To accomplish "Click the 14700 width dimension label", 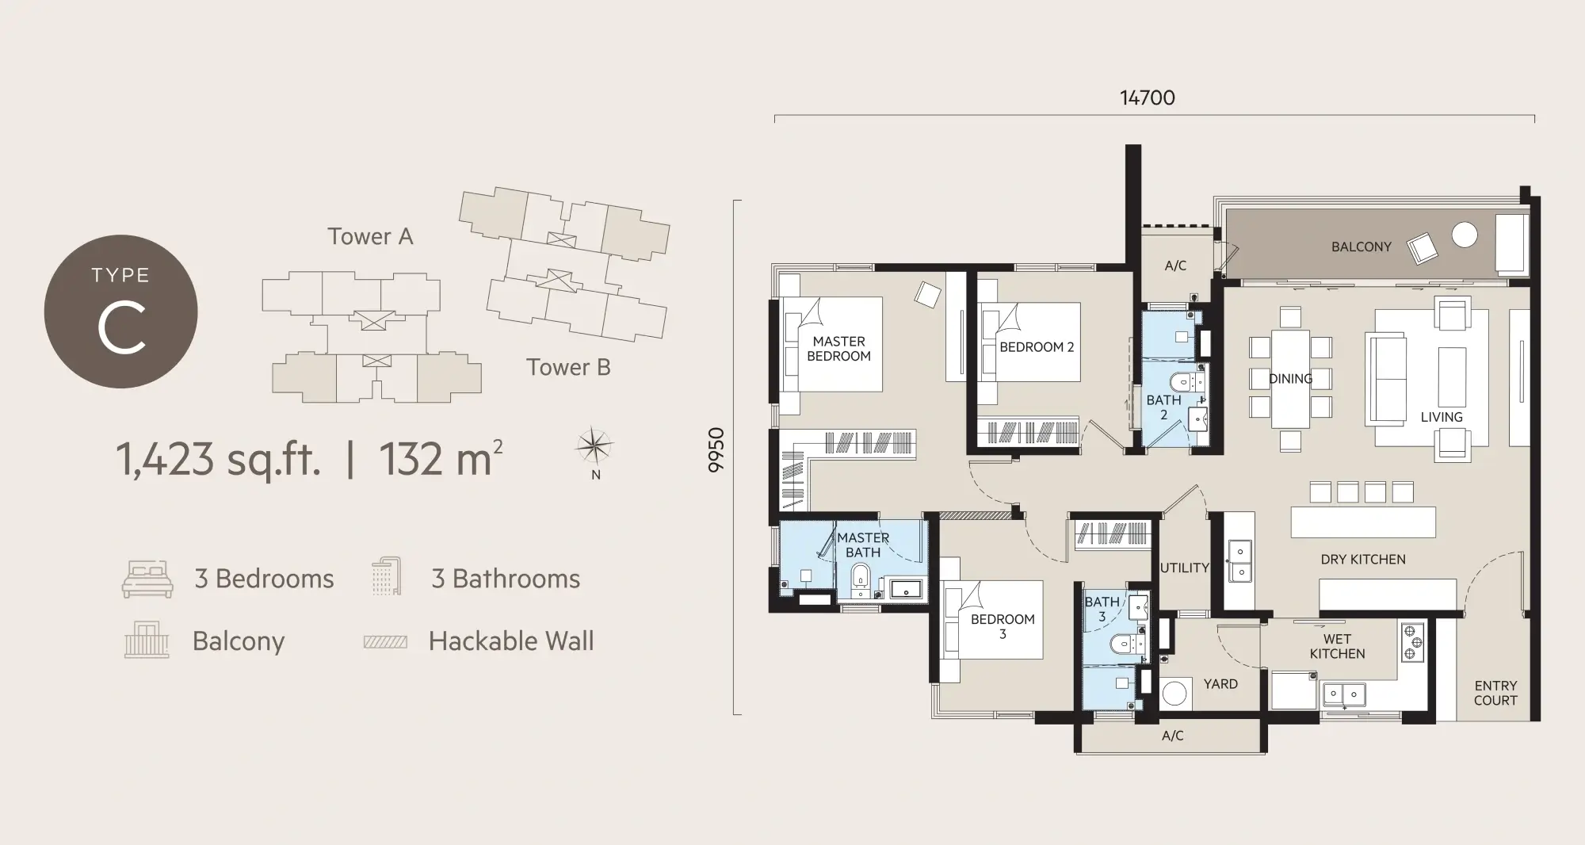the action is pos(1147,98).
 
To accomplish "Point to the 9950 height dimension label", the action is pos(716,450).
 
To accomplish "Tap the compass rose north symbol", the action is pos(594,447).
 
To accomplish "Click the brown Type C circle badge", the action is pos(120,312).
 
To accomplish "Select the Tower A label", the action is pos(370,236).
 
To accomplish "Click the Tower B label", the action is pos(568,367).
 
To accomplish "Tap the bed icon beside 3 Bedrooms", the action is pos(147,579).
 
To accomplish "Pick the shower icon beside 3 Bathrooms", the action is pos(387,576).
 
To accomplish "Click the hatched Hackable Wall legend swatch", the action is pos(385,642).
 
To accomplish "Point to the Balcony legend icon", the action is pos(147,640).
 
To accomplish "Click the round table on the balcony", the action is pos(1465,235).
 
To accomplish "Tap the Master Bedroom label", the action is pos(838,349).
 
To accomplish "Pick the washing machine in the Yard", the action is pos(1174,694).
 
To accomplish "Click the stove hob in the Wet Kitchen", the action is pos(1412,642).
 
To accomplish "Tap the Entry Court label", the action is pos(1495,693).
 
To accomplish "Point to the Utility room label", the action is pos(1185,568).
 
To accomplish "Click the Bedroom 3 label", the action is pos(1003,626).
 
